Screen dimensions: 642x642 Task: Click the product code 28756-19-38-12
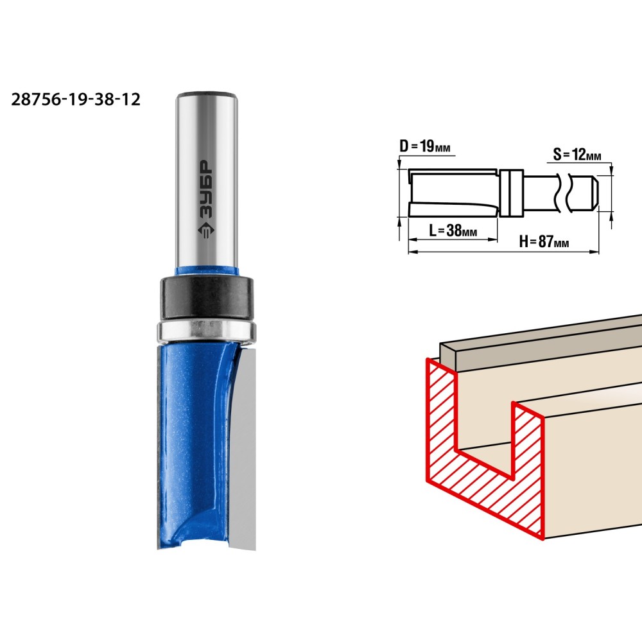pyautogui.click(x=76, y=100)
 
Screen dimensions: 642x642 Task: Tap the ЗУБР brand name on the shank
pyautogui.click(x=207, y=189)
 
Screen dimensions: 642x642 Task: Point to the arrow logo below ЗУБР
pyautogui.click(x=206, y=230)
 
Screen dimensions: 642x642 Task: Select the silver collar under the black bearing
pyautogui.click(x=206, y=330)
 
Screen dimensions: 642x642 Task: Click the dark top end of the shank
pyautogui.click(x=207, y=95)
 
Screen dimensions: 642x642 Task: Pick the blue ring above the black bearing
pyautogui.click(x=206, y=271)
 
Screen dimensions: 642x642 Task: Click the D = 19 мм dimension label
pyautogui.click(x=425, y=146)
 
